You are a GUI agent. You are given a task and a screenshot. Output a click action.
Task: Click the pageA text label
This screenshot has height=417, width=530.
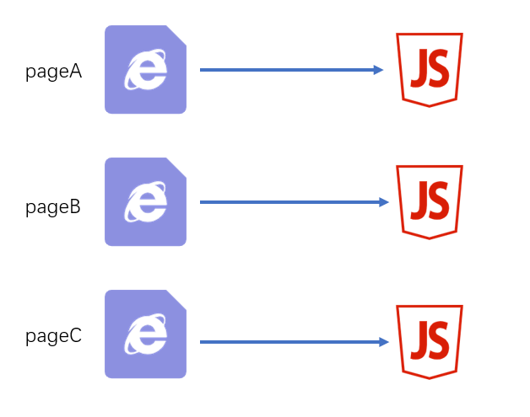[53, 72]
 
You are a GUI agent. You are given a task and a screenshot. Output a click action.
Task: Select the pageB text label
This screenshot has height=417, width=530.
[53, 206]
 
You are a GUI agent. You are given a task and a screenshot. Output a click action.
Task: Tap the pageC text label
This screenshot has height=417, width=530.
[53, 337]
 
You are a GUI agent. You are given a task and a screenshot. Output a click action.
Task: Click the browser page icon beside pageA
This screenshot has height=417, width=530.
[145, 69]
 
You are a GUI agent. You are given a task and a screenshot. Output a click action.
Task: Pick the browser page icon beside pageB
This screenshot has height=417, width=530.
[145, 202]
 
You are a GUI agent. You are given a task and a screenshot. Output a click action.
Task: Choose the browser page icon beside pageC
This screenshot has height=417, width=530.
[145, 334]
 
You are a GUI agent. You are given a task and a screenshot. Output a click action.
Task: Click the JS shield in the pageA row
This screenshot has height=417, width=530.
[429, 69]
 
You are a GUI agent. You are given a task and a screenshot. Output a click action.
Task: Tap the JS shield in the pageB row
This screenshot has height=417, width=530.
[429, 201]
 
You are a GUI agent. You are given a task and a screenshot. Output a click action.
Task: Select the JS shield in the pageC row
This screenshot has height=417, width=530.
[429, 341]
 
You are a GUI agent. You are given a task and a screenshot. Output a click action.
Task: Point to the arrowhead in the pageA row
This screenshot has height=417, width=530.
[379, 70]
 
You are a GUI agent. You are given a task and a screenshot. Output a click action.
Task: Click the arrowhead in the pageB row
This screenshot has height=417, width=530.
[383, 202]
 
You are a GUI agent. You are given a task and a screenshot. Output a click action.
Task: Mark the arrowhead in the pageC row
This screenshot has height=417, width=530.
[383, 342]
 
